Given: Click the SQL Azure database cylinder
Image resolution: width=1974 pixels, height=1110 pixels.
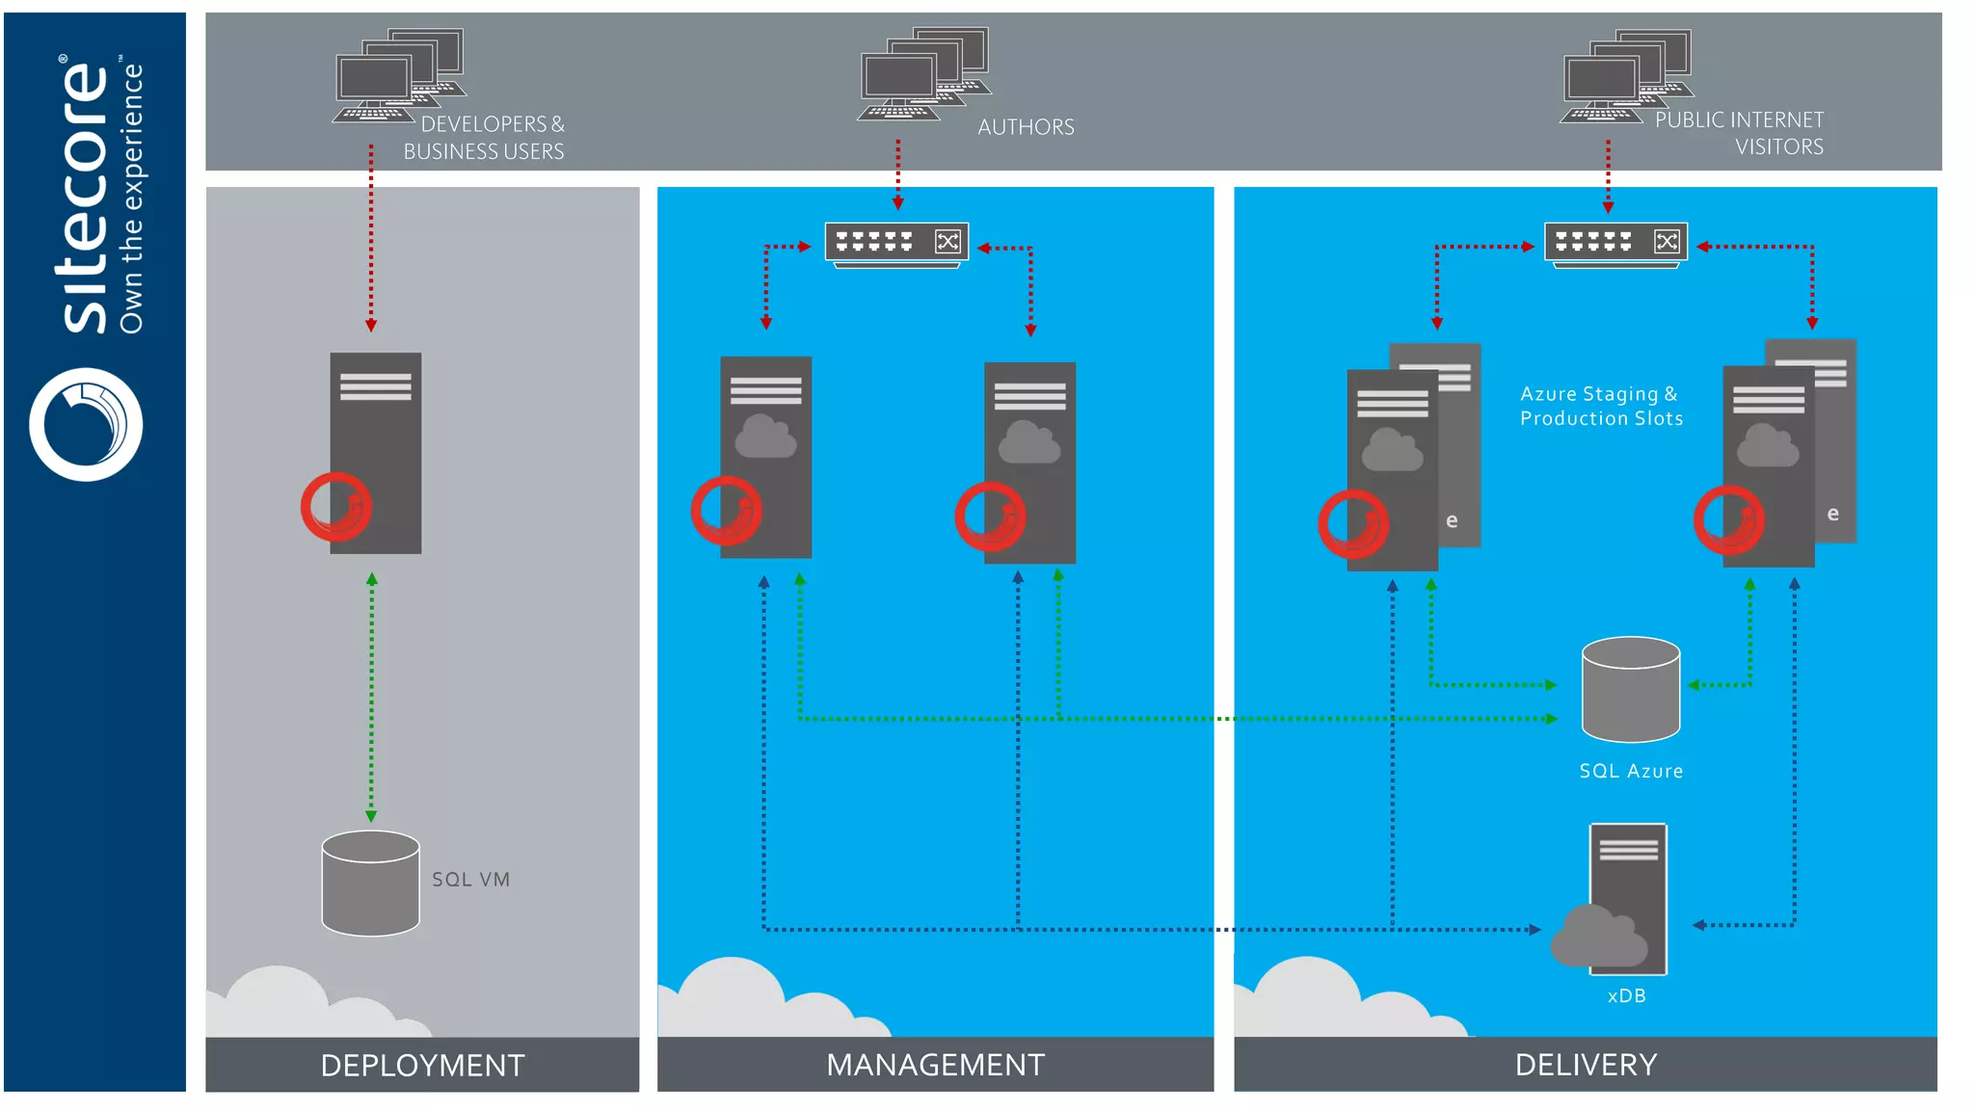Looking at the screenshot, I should [x=1630, y=690].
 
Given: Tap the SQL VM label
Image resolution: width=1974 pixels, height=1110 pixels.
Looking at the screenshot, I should [x=470, y=879].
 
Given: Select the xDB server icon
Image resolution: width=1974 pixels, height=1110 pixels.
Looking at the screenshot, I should [x=1627, y=898].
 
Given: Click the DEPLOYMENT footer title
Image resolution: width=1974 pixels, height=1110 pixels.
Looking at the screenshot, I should [x=422, y=1065].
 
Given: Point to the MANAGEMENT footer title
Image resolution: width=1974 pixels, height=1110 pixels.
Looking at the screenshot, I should [x=935, y=1064].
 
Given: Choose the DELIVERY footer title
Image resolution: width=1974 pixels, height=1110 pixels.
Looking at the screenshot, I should [x=1586, y=1064].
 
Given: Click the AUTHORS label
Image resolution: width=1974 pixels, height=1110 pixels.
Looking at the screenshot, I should [x=1026, y=127].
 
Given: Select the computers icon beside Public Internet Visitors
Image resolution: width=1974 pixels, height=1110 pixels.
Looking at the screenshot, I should [x=1626, y=76].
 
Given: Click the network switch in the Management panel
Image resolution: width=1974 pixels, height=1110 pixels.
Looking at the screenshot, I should [x=896, y=243].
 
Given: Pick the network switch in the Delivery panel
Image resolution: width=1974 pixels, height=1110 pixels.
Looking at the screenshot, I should [x=1615, y=243].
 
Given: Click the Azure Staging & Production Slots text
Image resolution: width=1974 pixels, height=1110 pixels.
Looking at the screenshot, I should [x=1601, y=406].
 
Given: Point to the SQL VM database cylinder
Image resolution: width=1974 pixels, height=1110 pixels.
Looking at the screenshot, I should [x=370, y=884].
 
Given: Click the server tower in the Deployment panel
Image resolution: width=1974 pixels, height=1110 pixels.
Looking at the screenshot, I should [x=376, y=452].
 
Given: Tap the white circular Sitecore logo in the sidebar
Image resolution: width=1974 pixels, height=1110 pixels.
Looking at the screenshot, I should [x=86, y=424].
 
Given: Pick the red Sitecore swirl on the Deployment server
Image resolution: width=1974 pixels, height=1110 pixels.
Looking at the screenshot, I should [x=335, y=506].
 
